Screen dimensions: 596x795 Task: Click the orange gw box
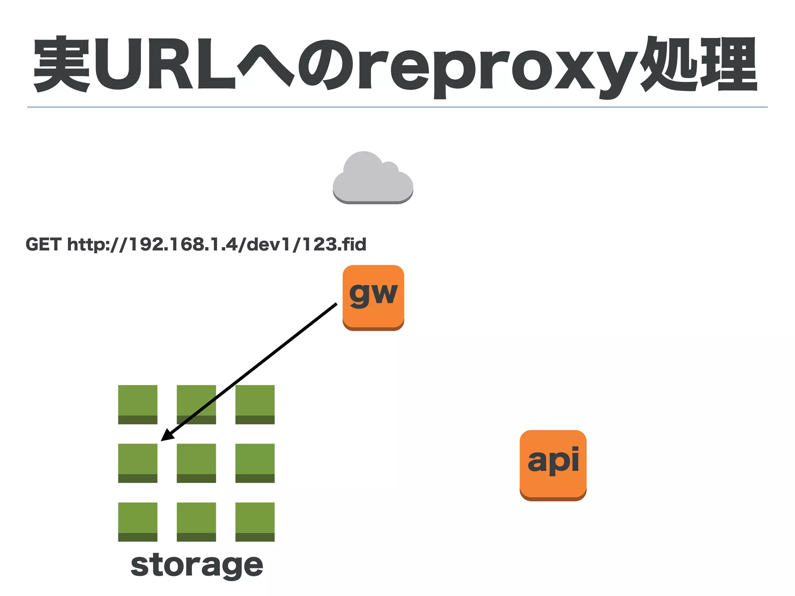tap(373, 297)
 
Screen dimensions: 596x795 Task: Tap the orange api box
tap(553, 465)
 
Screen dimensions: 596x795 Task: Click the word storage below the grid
tap(197, 566)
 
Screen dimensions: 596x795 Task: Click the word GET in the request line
tap(43, 244)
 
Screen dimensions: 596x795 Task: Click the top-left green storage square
tap(138, 404)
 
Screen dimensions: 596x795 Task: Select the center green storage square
tap(196, 463)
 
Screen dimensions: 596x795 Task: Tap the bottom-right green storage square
tap(255, 522)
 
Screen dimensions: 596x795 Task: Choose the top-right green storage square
tap(255, 404)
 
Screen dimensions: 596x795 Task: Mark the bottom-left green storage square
tap(138, 522)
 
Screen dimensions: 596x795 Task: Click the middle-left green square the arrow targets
tap(138, 463)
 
